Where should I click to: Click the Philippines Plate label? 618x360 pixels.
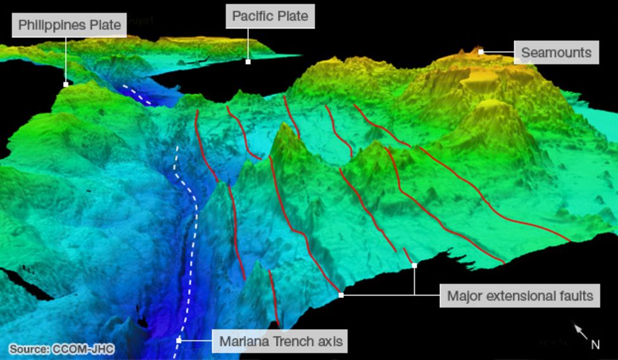[69, 25]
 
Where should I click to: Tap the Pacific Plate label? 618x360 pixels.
[270, 16]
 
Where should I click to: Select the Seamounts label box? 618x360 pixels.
[556, 53]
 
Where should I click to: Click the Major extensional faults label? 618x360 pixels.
[520, 295]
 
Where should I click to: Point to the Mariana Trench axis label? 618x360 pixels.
[281, 342]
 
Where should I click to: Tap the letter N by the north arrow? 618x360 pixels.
[595, 345]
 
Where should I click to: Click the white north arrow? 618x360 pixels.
[581, 331]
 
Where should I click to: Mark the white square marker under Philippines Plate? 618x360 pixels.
[66, 84]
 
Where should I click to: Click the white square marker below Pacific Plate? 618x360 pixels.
[248, 61]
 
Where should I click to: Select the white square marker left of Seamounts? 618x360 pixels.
[481, 52]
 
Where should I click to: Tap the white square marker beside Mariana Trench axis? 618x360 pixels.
[179, 340]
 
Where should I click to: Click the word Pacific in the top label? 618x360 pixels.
[253, 16]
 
